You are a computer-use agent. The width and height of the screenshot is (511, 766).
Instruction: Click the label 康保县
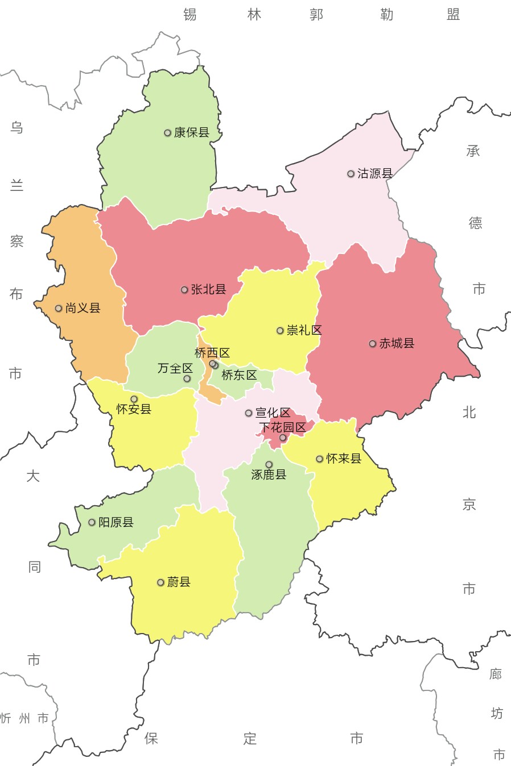[192, 132]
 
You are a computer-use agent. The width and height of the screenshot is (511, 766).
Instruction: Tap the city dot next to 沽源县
[351, 174]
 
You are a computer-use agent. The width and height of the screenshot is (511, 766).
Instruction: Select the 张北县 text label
[208, 289]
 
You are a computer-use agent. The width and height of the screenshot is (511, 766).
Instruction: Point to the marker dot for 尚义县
[59, 309]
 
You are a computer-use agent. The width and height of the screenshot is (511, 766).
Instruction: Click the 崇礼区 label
[304, 330]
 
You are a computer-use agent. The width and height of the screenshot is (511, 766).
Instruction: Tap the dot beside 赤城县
[373, 344]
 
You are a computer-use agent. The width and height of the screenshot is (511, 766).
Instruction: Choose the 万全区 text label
[175, 368]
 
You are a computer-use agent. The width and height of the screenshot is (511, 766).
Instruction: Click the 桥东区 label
[239, 375]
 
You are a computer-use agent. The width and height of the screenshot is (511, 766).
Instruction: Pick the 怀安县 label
[134, 409]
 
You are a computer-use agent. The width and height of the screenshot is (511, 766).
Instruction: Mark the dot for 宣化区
[249, 413]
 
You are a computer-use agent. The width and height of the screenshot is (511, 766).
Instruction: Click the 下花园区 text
[282, 427]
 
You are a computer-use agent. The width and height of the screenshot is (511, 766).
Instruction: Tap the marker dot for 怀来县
[320, 459]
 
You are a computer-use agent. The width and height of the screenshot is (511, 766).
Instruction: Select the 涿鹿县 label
[269, 474]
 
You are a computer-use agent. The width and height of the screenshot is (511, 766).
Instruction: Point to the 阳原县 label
[116, 522]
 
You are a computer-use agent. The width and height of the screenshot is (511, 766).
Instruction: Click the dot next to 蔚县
[160, 582]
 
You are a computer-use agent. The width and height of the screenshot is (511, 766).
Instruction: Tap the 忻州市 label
[24, 718]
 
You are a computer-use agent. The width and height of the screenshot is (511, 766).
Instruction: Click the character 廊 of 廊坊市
[496, 674]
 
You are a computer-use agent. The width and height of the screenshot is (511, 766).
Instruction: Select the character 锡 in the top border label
[190, 14]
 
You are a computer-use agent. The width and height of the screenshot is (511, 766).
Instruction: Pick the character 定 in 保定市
[250, 738]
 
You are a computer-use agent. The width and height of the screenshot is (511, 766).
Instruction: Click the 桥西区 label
[212, 353]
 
